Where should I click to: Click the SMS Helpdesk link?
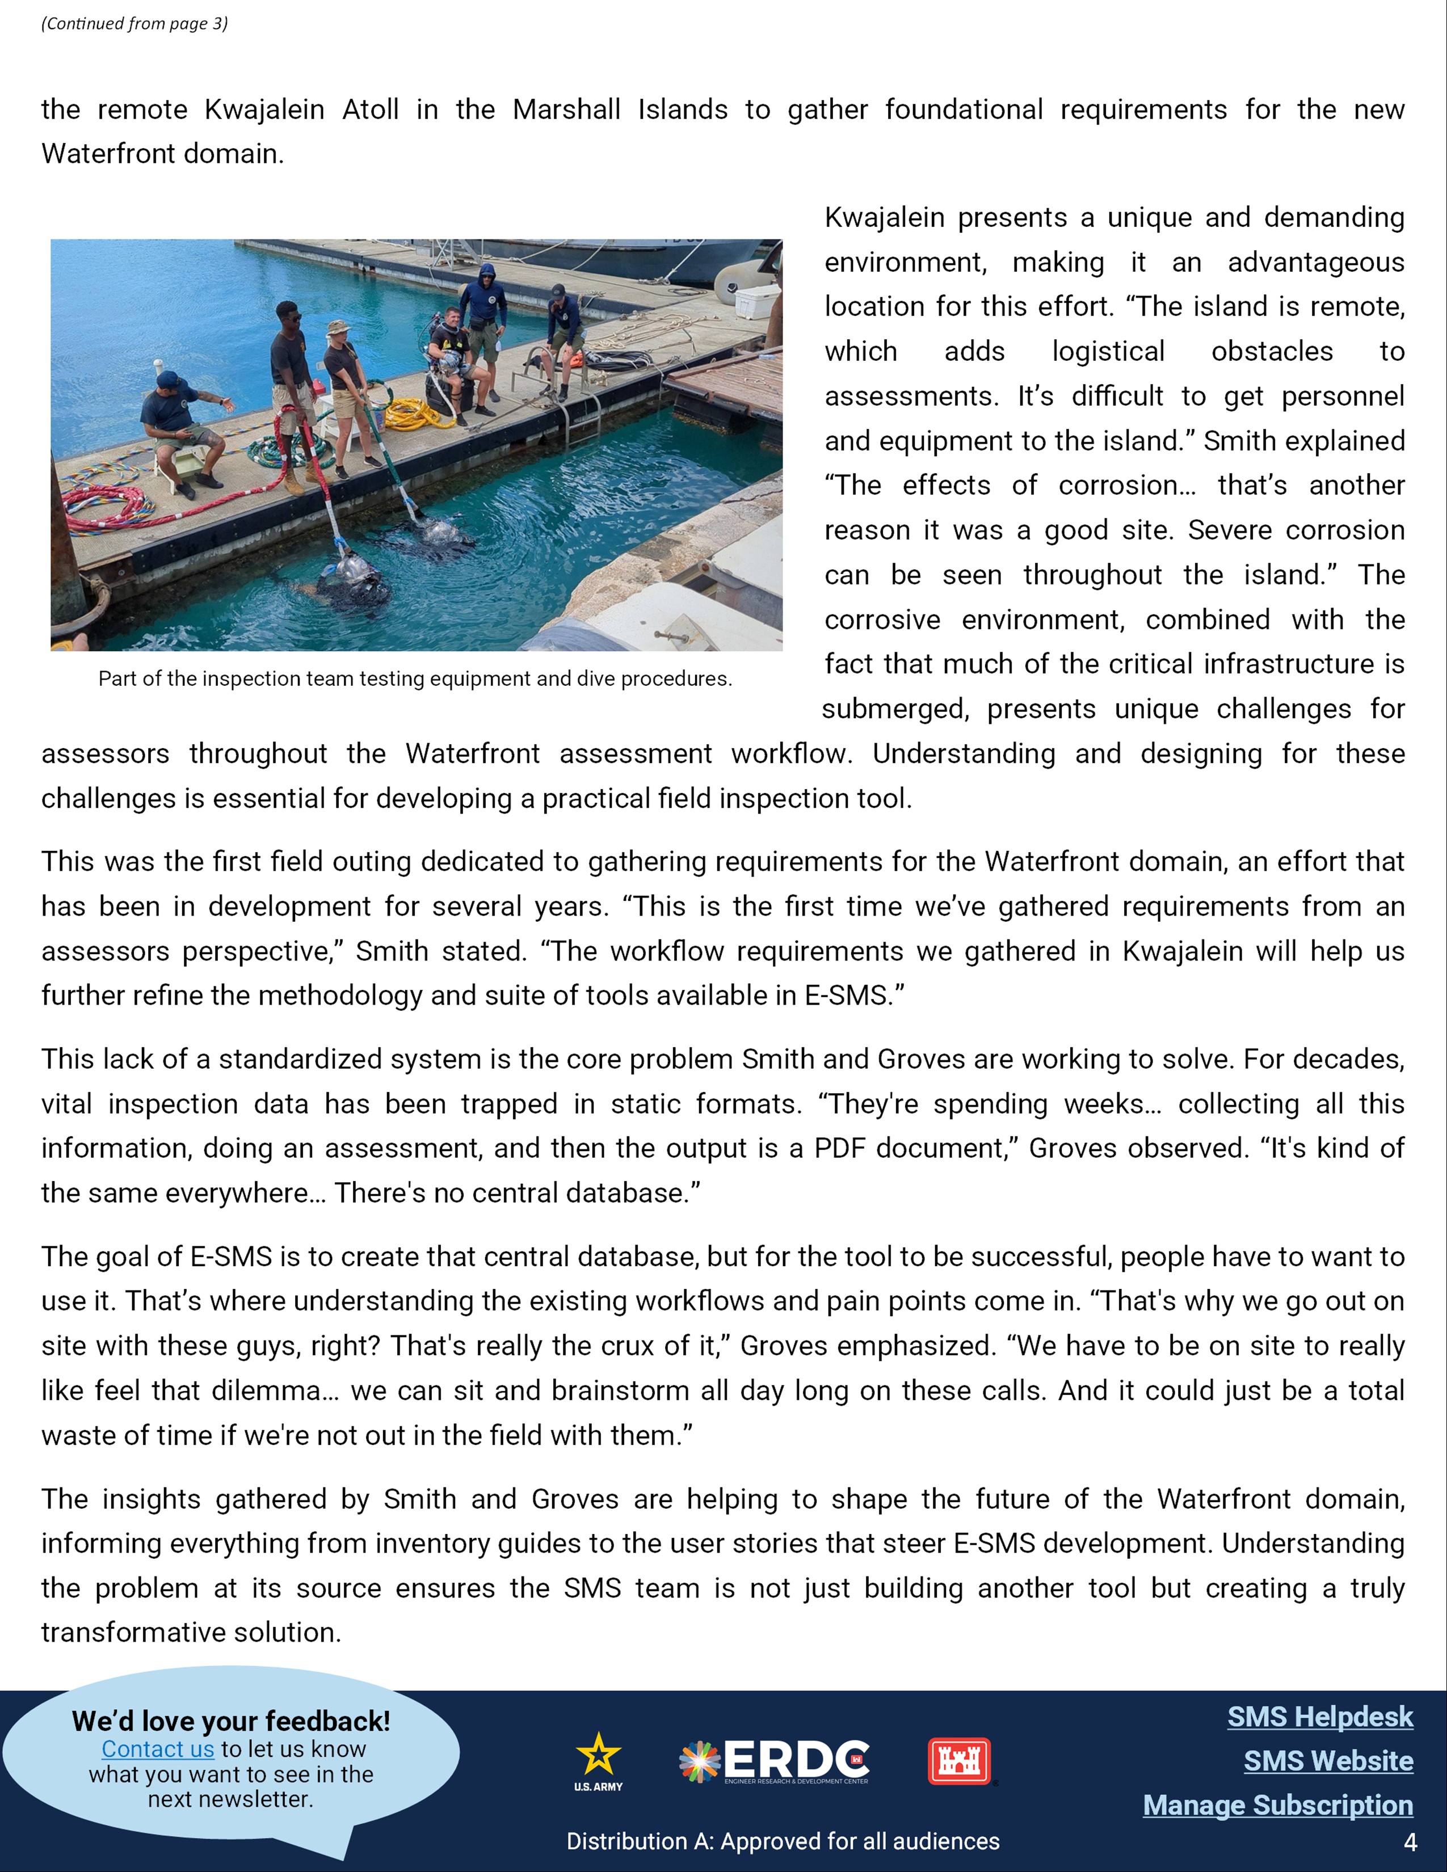pos(1319,1717)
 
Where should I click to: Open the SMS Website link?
pos(1328,1761)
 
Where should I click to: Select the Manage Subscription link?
pos(1277,1804)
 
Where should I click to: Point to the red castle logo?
pos(959,1761)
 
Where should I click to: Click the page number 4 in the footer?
pos(1410,1842)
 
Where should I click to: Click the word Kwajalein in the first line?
pos(264,109)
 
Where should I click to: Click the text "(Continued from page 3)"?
pos(134,23)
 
